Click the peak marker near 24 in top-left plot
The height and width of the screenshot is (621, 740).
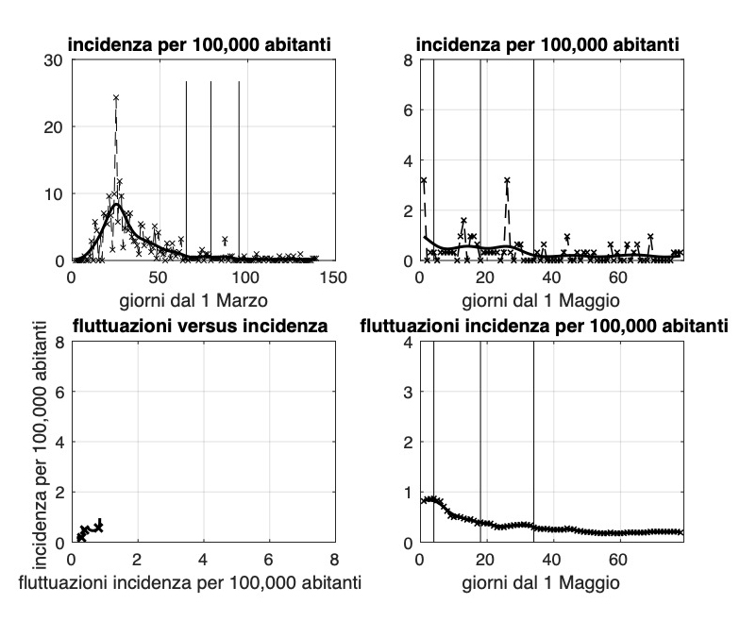(116, 97)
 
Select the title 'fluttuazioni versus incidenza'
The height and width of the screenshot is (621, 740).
(199, 327)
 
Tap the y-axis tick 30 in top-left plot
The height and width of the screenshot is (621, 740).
(55, 60)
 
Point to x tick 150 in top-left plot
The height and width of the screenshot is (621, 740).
(333, 277)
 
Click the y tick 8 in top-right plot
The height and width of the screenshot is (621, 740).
(406, 60)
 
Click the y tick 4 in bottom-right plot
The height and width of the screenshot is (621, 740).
(406, 343)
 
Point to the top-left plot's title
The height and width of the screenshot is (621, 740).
(199, 44)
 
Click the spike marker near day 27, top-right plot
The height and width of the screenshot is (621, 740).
(507, 179)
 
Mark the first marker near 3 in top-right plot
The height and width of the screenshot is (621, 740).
(424, 180)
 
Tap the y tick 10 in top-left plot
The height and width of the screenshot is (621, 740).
(55, 193)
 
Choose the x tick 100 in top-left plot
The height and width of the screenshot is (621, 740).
(245, 277)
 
